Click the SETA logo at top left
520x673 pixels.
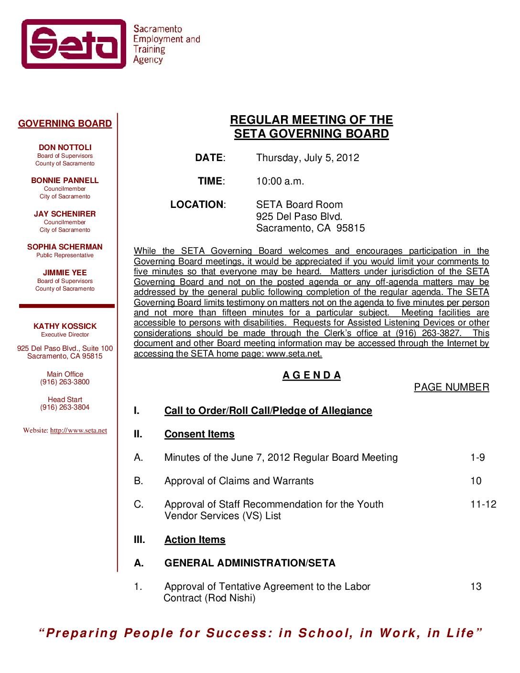pos(74,44)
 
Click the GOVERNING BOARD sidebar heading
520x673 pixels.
pos(65,124)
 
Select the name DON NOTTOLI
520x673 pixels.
pos(65,148)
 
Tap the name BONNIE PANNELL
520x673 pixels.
pos(65,181)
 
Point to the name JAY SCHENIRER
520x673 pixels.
pos(65,214)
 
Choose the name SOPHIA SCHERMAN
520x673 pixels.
pos(65,247)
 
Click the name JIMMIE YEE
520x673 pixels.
pos(65,273)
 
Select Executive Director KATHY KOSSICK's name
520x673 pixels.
pos(65,326)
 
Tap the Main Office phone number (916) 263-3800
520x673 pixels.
pos(65,382)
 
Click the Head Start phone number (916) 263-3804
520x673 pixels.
pos(65,407)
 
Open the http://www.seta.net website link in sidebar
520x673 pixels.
pos(78,431)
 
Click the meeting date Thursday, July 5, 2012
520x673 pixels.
pos(307,158)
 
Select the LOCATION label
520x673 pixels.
pos(197,205)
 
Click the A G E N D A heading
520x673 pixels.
pos(312,375)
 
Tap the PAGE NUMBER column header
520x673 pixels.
pos(451,387)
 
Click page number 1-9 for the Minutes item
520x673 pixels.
pos(477,457)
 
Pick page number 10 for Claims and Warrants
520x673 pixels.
pos(476,481)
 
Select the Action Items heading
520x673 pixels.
pos(195,540)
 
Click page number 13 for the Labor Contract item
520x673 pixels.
pos(476,586)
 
